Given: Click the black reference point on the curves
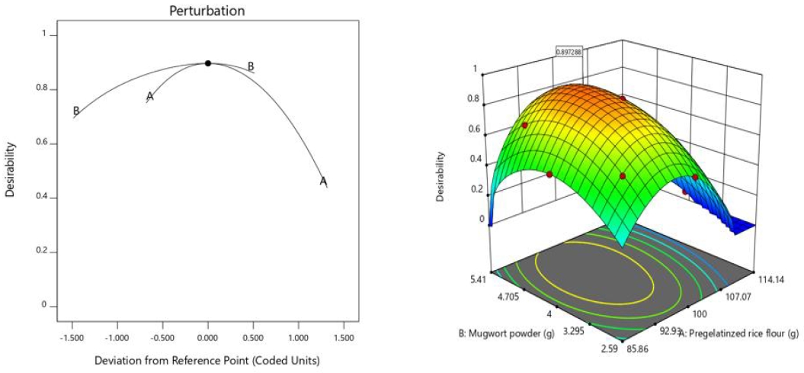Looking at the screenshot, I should pyautogui.click(x=208, y=63).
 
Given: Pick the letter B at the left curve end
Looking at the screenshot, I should pyautogui.click(x=76, y=111).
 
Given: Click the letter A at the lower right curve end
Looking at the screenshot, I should pyautogui.click(x=323, y=182).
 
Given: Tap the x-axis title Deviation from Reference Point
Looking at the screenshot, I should pyautogui.click(x=207, y=359).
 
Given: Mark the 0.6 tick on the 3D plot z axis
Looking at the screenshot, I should pyautogui.click(x=474, y=130).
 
